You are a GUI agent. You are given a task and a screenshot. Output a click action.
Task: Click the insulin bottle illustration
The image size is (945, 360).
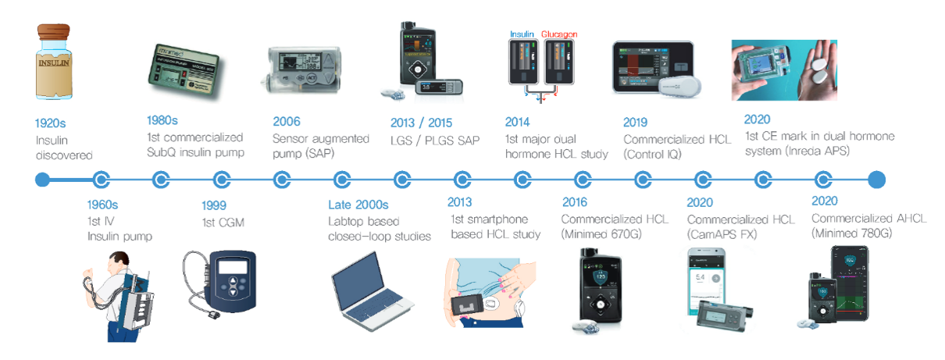tap(54, 62)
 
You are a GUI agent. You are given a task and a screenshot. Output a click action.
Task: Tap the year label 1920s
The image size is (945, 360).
tap(50, 123)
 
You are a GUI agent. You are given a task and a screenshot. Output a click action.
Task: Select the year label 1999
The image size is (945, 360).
tap(214, 205)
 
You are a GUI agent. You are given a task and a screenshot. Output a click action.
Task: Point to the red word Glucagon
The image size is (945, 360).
tap(559, 34)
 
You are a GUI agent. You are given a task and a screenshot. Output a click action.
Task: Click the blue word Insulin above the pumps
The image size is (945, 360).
tap(522, 34)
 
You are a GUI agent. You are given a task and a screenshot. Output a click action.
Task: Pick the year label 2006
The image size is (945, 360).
tap(287, 122)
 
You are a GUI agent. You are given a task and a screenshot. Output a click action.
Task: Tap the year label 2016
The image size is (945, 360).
tap(575, 202)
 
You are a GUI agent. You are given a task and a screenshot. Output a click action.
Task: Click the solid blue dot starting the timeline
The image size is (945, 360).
tap(42, 180)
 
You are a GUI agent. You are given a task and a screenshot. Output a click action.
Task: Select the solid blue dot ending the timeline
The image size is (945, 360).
tap(876, 180)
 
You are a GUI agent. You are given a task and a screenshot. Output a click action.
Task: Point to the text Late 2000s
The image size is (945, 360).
tap(358, 205)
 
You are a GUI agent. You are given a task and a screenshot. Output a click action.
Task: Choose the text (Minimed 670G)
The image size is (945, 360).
tap(601, 233)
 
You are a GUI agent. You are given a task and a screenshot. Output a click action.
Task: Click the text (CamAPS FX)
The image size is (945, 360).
tap(722, 234)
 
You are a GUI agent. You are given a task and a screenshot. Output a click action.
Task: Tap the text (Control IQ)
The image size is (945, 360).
tap(652, 155)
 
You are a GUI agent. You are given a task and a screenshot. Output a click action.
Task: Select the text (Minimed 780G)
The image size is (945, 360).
tap(852, 233)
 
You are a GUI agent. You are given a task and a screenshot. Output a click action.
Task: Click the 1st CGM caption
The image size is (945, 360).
tap(223, 223)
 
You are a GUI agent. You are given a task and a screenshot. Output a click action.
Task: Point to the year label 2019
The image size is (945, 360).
tap(636, 123)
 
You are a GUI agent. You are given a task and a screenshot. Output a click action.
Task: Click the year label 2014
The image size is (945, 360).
tap(517, 122)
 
